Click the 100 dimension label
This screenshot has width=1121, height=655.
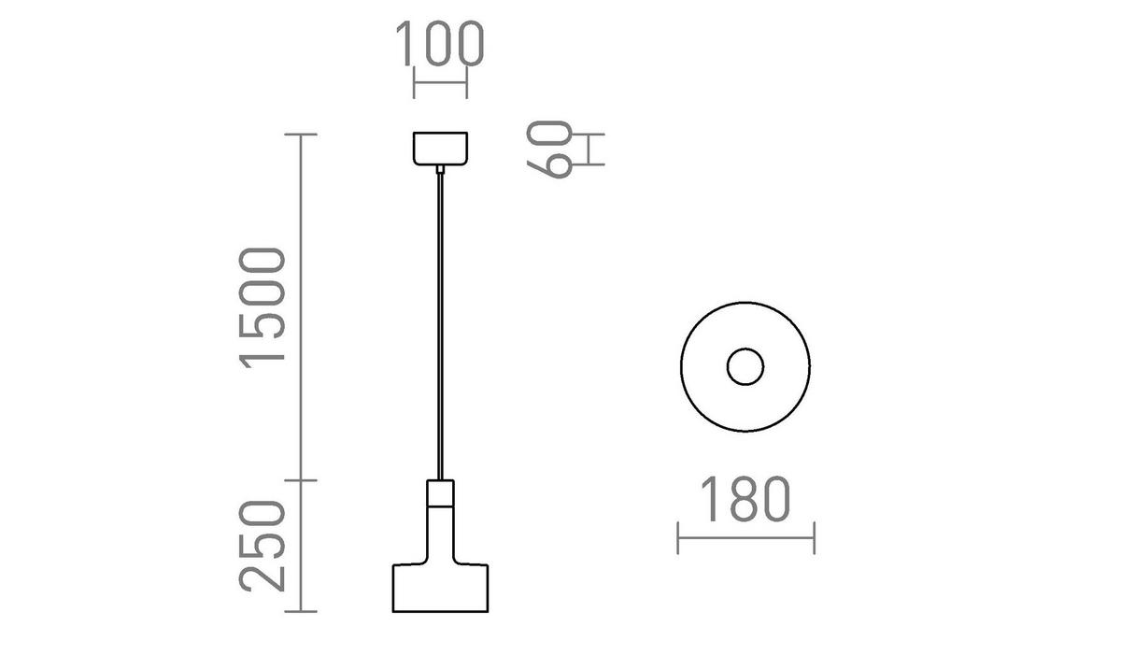pyautogui.click(x=439, y=44)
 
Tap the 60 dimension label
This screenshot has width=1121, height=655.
pyautogui.click(x=550, y=150)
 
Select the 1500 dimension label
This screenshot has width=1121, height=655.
pyautogui.click(x=262, y=307)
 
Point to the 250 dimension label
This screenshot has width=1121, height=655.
pyautogui.click(x=262, y=547)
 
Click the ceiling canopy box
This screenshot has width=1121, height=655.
pyautogui.click(x=440, y=149)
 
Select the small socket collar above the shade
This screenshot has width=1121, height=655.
pyautogui.click(x=440, y=491)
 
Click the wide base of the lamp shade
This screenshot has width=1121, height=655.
pyautogui.click(x=440, y=588)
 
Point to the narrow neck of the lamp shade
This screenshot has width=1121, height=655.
pyautogui.click(x=440, y=533)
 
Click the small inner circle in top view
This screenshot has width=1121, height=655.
pyautogui.click(x=745, y=367)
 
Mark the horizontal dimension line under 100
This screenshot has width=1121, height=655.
pyautogui.click(x=439, y=82)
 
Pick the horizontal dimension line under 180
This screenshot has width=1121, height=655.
pyautogui.click(x=745, y=538)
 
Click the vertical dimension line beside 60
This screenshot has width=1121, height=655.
pyautogui.click(x=590, y=150)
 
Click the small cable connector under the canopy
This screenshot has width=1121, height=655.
pyautogui.click(x=440, y=169)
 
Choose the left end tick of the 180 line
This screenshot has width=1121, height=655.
pyautogui.click(x=678, y=538)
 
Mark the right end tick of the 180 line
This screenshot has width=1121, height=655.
pyautogui.click(x=815, y=538)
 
